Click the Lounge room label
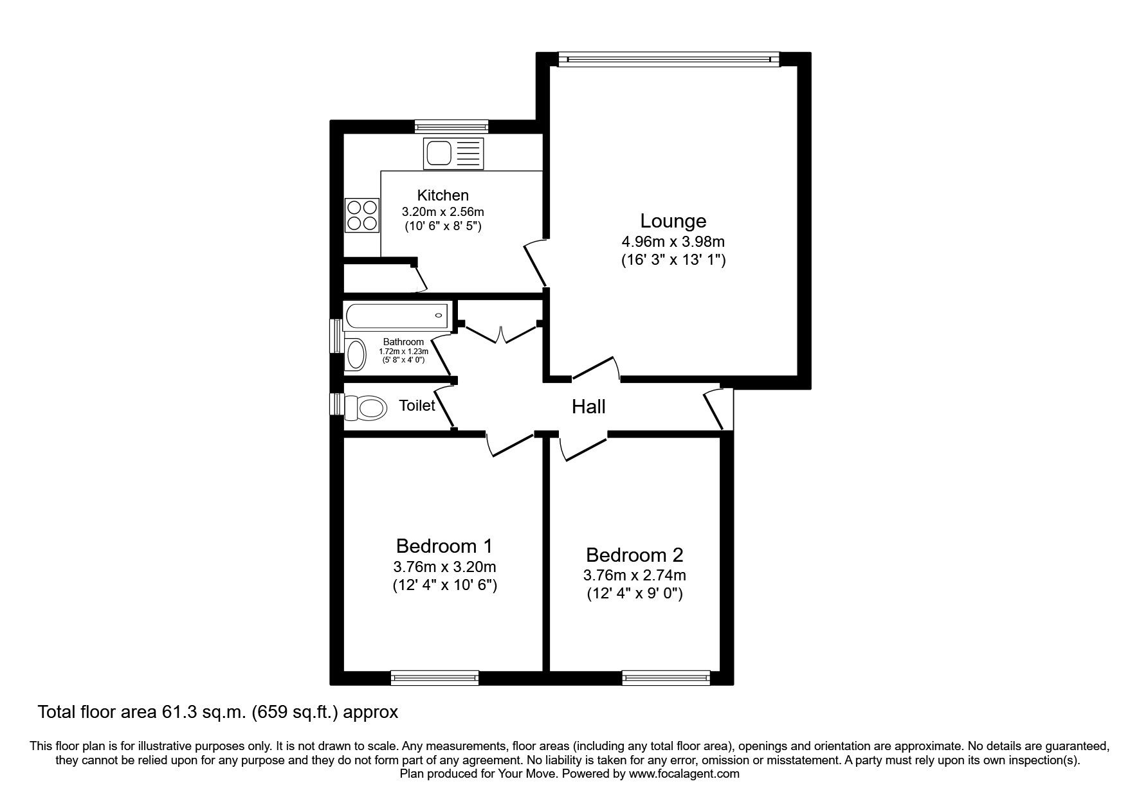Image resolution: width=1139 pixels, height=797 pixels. pyautogui.click(x=673, y=220)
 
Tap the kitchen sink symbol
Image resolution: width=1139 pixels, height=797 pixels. pyautogui.click(x=453, y=154)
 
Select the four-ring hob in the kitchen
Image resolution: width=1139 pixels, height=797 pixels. pyautogui.click(x=361, y=215)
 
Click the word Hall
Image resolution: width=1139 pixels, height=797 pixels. pyautogui.click(x=588, y=406)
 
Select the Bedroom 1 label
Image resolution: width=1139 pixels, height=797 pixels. pyautogui.click(x=444, y=546)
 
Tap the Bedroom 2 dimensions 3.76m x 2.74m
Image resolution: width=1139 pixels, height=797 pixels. pyautogui.click(x=634, y=575)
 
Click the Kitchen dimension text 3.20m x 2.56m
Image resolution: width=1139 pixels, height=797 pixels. pyautogui.click(x=442, y=211)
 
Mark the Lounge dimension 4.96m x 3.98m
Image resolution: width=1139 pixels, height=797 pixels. pyautogui.click(x=673, y=242)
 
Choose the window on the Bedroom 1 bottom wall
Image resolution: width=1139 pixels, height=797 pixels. pyautogui.click(x=435, y=677)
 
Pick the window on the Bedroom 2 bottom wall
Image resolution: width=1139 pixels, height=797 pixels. pyautogui.click(x=666, y=677)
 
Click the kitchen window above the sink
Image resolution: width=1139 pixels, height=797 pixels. pyautogui.click(x=451, y=127)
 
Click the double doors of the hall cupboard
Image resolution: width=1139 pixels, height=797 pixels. pyautogui.click(x=500, y=334)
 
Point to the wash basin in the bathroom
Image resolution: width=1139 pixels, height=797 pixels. pyautogui.click(x=354, y=354)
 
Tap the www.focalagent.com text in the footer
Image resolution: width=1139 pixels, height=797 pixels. pyautogui.click(x=684, y=774)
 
